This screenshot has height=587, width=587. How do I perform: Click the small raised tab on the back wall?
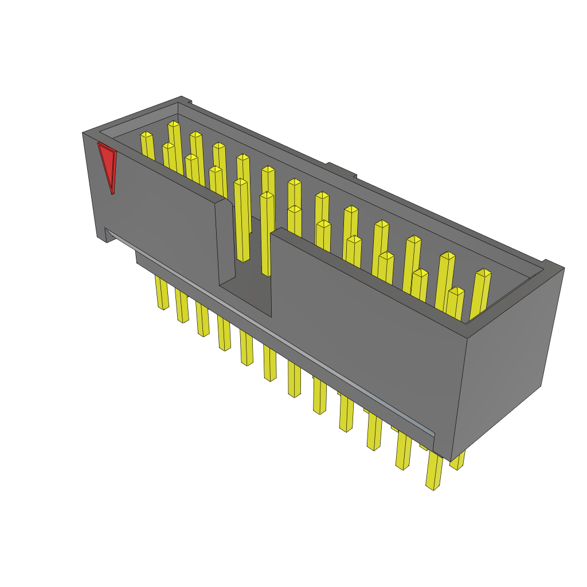(342, 170)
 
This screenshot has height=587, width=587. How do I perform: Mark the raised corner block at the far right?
(553, 266)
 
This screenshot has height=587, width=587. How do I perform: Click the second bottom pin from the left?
(182, 307)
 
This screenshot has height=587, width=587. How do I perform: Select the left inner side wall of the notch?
(226, 241)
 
